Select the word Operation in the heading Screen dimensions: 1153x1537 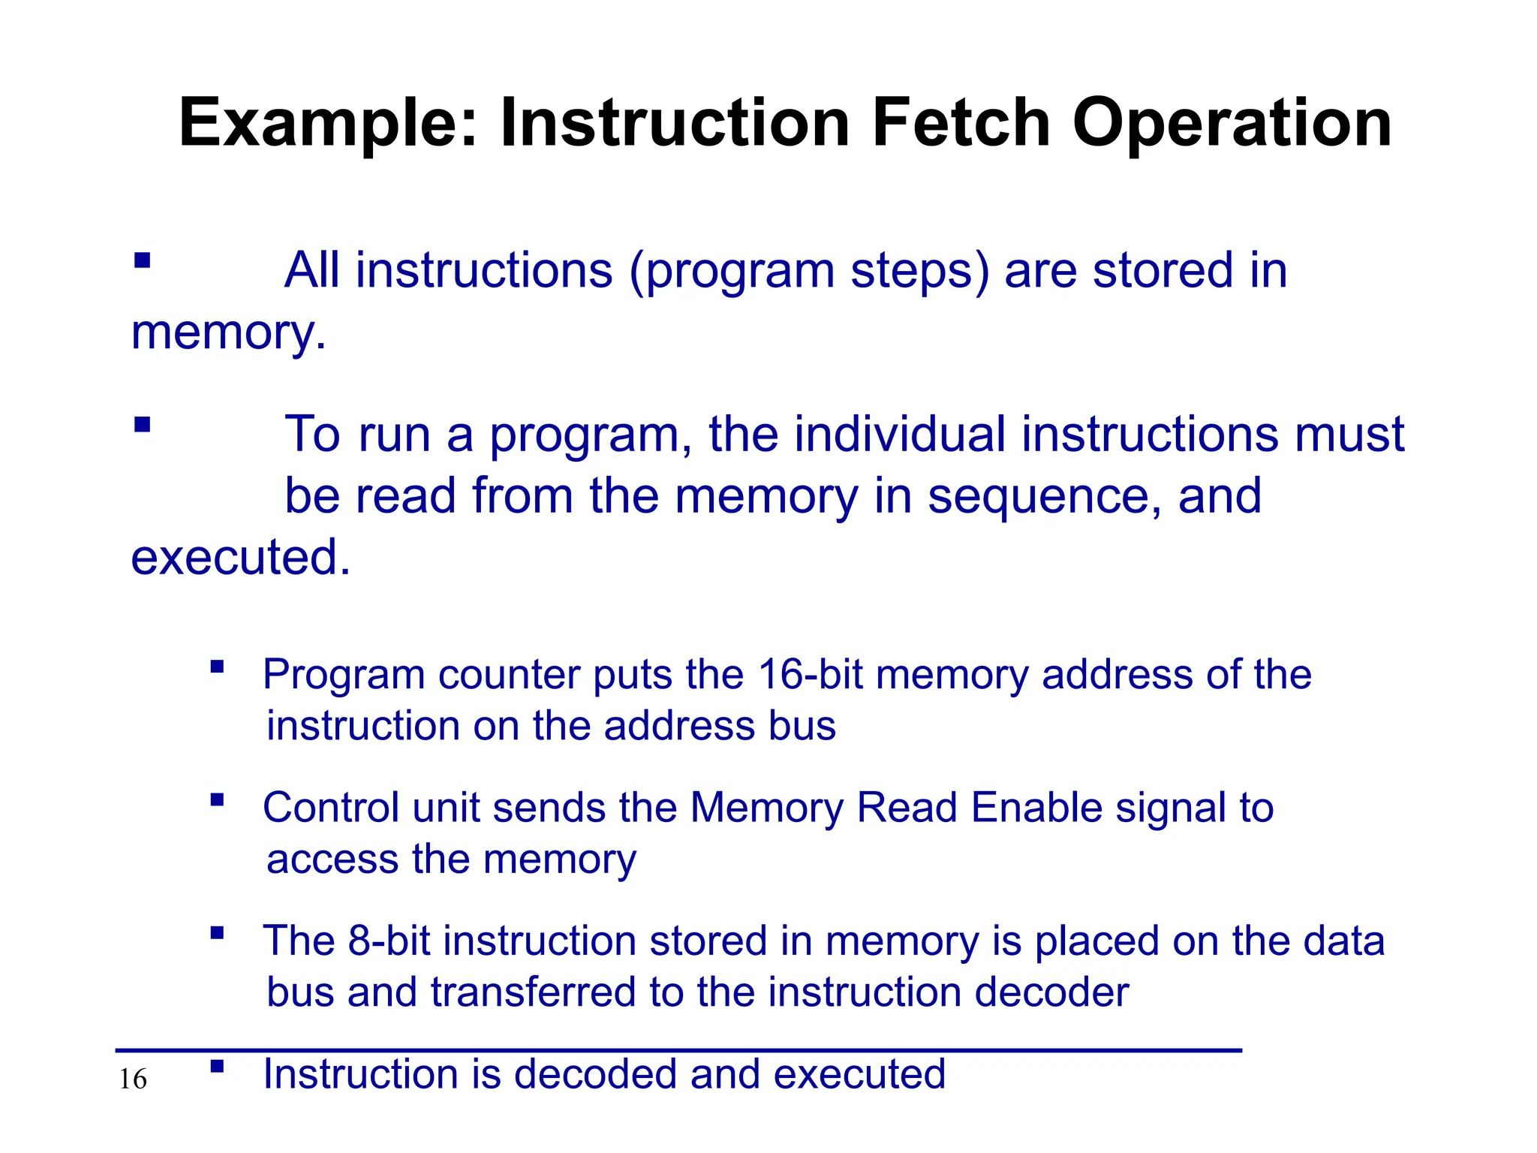coord(1232,124)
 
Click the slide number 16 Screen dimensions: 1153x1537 coord(133,1079)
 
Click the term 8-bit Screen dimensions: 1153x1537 coord(390,941)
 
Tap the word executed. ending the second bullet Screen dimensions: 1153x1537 coord(241,558)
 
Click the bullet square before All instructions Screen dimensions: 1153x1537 coord(142,260)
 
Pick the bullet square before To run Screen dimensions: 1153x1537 coord(142,425)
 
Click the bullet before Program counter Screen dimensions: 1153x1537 coord(218,666)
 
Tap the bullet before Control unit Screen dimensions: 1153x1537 coord(218,799)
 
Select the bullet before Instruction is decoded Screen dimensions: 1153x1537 coord(218,1065)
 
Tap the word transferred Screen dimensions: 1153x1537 coord(533,992)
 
